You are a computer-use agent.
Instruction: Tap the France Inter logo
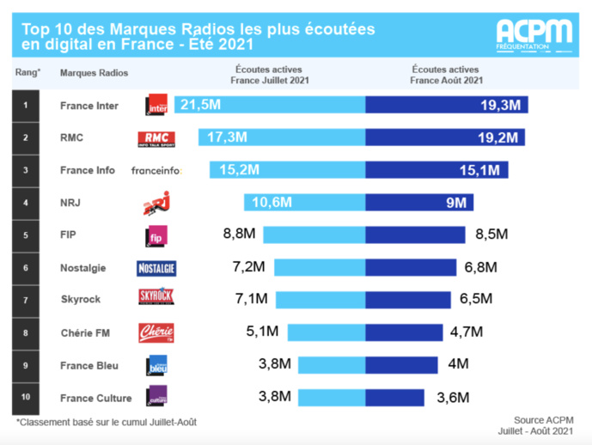pyautogui.click(x=157, y=106)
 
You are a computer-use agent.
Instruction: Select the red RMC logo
pyautogui.click(x=156, y=138)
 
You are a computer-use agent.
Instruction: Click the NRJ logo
pyautogui.click(x=156, y=204)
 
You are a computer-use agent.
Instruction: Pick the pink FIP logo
pyautogui.click(x=156, y=235)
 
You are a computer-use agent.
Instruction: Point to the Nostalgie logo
pyautogui.click(x=156, y=268)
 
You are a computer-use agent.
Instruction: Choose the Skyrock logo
pyautogui.click(x=156, y=300)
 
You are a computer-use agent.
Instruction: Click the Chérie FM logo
pyautogui.click(x=156, y=332)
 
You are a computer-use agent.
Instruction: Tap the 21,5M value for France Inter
pyautogui.click(x=199, y=105)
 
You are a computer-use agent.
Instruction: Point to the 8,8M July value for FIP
pyautogui.click(x=239, y=235)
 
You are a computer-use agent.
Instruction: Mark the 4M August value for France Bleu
pyautogui.click(x=458, y=364)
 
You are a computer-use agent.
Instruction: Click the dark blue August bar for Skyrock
pyautogui.click(x=407, y=300)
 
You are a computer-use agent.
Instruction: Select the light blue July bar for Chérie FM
pyautogui.click(x=326, y=332)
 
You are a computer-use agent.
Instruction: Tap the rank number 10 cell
pyautogui.click(x=26, y=397)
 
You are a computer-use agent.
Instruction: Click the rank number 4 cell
pyautogui.click(x=26, y=203)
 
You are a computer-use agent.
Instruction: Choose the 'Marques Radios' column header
pyautogui.click(x=94, y=73)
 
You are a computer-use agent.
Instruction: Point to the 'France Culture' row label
pyautogui.click(x=95, y=397)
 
